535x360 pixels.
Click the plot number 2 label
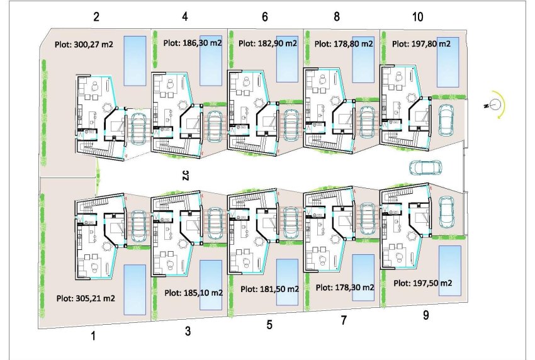pos(96,17)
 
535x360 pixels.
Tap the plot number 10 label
pos(417,17)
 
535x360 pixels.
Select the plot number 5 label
pos(269,325)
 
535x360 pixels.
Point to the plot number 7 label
pos(344,320)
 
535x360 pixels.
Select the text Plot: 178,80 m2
pos(344,44)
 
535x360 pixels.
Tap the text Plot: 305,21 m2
pos(86,299)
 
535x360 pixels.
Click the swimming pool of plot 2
pos(135,60)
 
